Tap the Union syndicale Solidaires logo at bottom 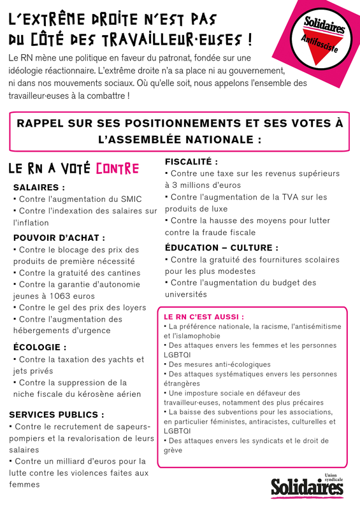point(306,485)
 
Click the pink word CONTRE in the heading point(117,169)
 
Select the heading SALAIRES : point(39,187)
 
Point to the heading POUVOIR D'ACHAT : point(59,238)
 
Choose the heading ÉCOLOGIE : point(40,347)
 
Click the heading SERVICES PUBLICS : point(57,414)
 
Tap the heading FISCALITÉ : point(191,162)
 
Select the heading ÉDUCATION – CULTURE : point(222,247)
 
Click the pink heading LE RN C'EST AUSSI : point(204,316)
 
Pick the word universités point(186,294)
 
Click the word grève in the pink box point(173,450)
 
